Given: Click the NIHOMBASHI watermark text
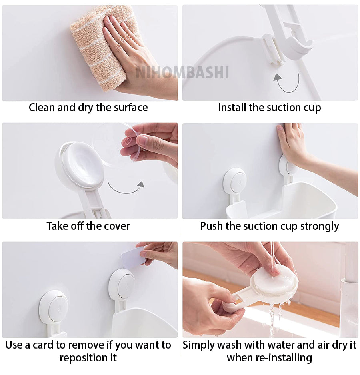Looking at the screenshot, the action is click(x=182, y=72).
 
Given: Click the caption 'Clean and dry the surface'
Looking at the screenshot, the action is click(x=88, y=108).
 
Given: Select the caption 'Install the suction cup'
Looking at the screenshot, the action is click(x=269, y=108).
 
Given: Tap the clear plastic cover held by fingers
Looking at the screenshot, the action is click(x=112, y=144).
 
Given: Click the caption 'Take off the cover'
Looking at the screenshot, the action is click(x=88, y=226).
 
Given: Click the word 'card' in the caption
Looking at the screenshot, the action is click(x=43, y=345).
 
